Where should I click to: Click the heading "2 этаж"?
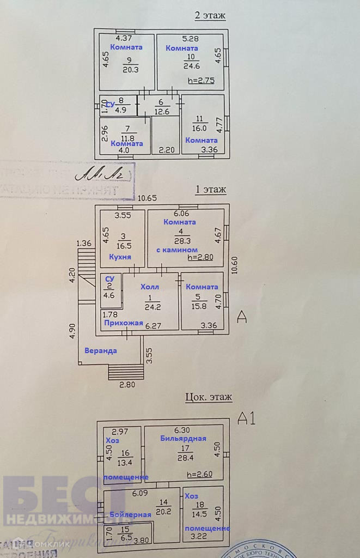(x=210, y=15)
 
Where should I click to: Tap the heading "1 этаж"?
(x=210, y=190)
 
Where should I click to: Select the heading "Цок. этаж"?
(x=209, y=397)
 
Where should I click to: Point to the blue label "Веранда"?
(x=100, y=350)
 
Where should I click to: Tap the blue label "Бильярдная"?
(x=183, y=438)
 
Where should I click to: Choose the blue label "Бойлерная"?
(x=130, y=514)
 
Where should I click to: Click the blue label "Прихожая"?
(x=123, y=323)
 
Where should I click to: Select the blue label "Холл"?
(x=150, y=287)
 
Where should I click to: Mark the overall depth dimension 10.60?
(x=234, y=268)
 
